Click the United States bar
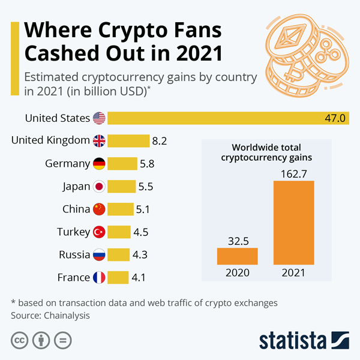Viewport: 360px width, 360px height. pyautogui.click(x=228, y=118)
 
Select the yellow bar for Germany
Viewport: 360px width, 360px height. pyautogui.click(x=122, y=164)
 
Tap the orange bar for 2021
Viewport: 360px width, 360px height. pyautogui.click(x=293, y=223)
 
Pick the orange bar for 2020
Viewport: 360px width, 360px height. pyautogui.click(x=238, y=256)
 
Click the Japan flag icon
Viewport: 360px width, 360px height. pyautogui.click(x=99, y=187)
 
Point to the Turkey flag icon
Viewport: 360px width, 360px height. pyautogui.click(x=99, y=232)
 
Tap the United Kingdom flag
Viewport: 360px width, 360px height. pyautogui.click(x=99, y=141)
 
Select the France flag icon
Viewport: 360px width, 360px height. pyautogui.click(x=99, y=278)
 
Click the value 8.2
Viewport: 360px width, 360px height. pyautogui.click(x=160, y=141)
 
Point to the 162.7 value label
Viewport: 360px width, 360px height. pyautogui.click(x=294, y=174)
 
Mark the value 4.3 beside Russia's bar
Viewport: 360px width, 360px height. pyautogui.click(x=140, y=255)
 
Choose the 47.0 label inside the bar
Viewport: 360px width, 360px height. pyautogui.click(x=335, y=118)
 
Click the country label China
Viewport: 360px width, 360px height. pyautogui.click(x=76, y=209)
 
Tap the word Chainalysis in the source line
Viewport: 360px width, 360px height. pyautogui.click(x=67, y=316)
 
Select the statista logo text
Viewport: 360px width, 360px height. pyautogui.click(x=293, y=341)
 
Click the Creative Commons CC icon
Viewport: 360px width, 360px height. pyautogui.click(x=20, y=340)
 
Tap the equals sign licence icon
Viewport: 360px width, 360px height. pyautogui.click(x=62, y=340)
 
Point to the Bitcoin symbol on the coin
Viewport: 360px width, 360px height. pyautogui.click(x=293, y=71)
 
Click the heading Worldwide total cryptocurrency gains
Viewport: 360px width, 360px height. pyautogui.click(x=266, y=152)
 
